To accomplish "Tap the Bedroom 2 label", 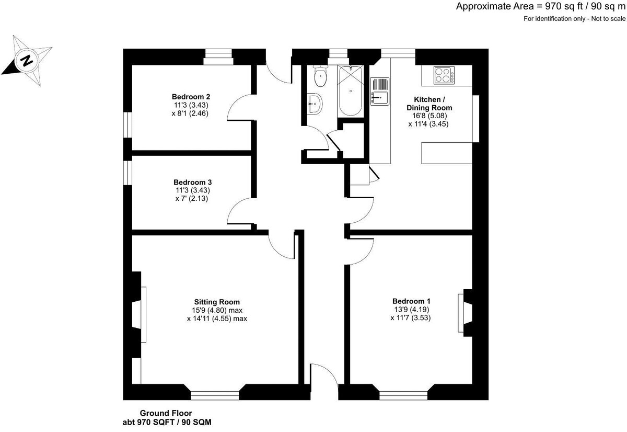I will click(x=191, y=97).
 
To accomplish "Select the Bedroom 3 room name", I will click(x=192, y=183).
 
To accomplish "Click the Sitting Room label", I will click(x=217, y=302).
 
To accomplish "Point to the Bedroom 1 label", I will click(x=411, y=301).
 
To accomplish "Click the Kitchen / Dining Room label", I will click(x=429, y=104).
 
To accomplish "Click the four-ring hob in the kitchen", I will click(x=443, y=75).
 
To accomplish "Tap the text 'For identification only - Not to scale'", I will click(x=574, y=19).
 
